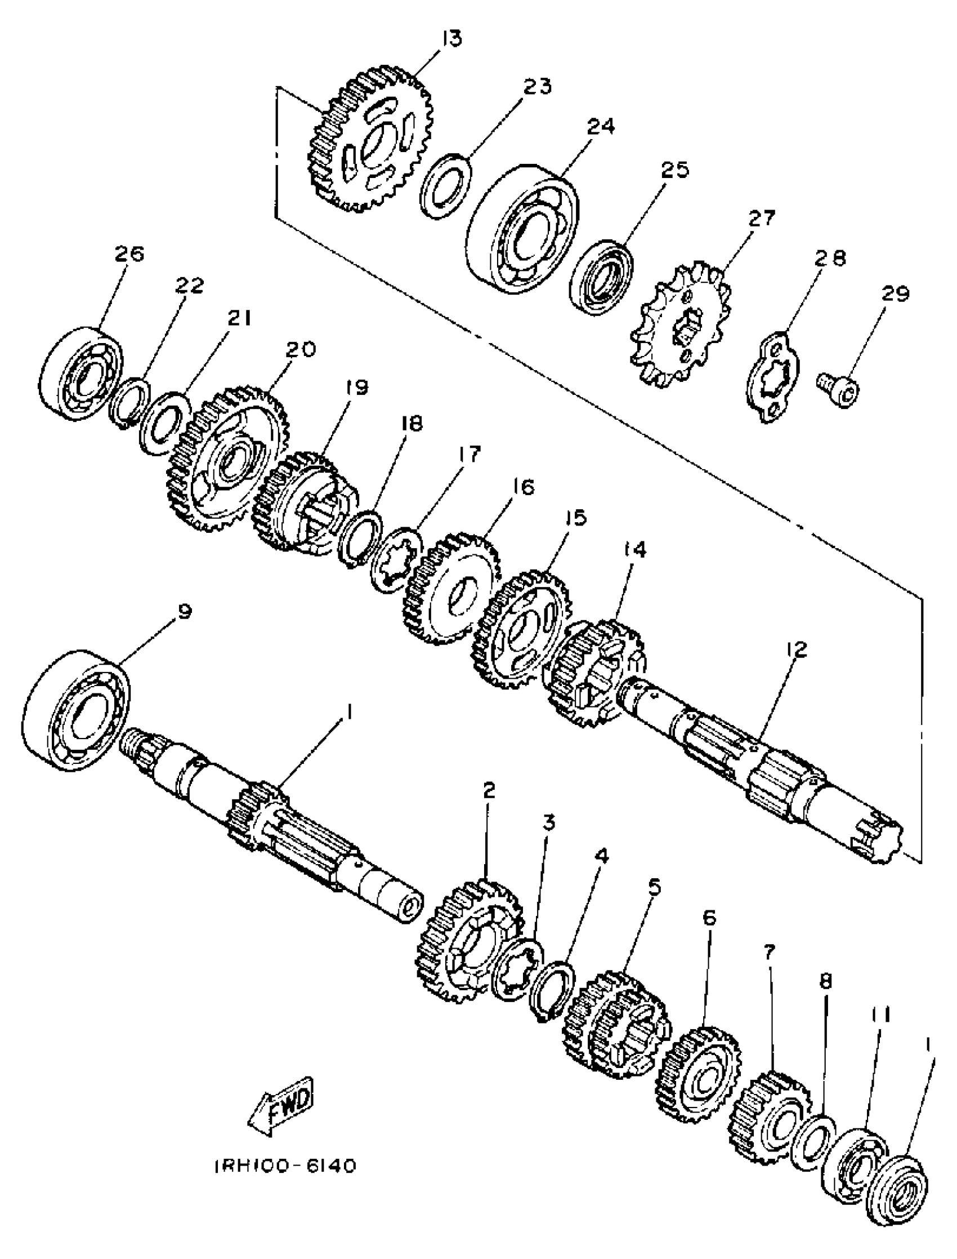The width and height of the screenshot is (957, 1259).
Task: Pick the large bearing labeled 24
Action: click(x=522, y=229)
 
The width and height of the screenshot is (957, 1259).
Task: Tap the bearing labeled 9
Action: click(x=78, y=709)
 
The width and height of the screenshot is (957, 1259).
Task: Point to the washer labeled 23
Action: click(x=446, y=185)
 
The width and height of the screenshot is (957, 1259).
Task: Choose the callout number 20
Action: click(x=300, y=349)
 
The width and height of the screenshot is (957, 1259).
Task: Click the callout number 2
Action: click(x=489, y=790)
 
